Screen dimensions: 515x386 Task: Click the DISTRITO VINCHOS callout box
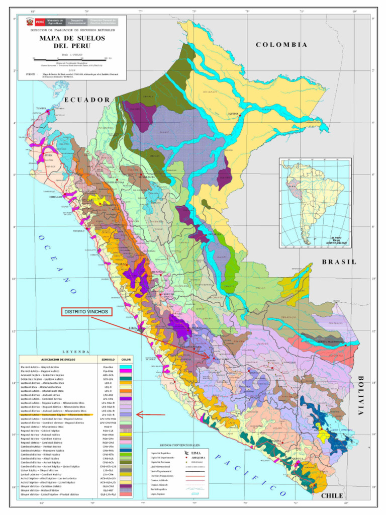click(x=87, y=312)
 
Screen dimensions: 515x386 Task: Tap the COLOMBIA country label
click(x=281, y=45)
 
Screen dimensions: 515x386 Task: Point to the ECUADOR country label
click(x=86, y=100)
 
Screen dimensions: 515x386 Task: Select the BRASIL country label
click(x=339, y=262)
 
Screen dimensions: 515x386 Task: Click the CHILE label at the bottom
click(x=331, y=495)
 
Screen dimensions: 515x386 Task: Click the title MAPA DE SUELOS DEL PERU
click(x=68, y=42)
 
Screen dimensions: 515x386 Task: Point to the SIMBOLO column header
click(x=108, y=360)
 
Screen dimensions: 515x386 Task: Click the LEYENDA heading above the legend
click(x=76, y=352)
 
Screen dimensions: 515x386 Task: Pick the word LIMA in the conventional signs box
click(x=196, y=453)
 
